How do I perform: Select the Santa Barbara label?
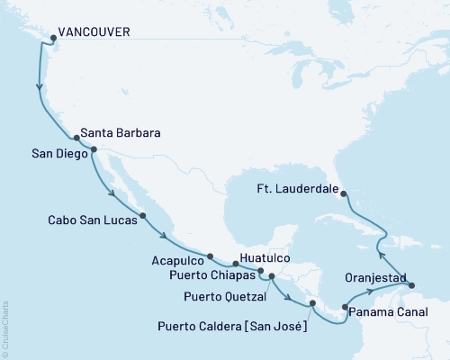coord(121,133)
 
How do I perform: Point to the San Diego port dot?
coord(94,151)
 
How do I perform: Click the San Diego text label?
coord(58,154)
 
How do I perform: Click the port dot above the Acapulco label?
coord(209,256)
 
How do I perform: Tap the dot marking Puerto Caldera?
coord(311,303)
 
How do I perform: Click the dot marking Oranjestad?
coord(413,285)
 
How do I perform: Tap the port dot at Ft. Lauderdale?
coord(346,192)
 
